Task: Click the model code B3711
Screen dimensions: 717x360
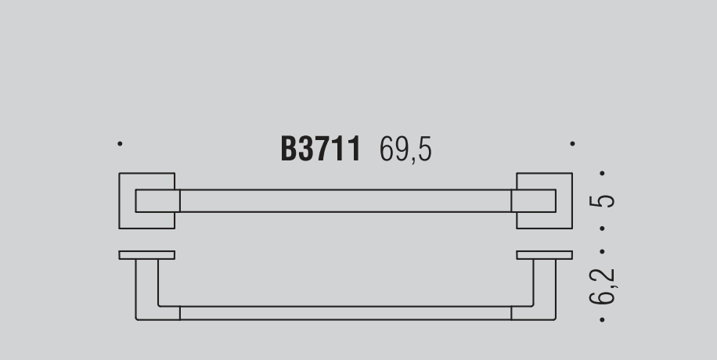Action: pos(321,148)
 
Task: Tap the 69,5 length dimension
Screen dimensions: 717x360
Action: pos(405,149)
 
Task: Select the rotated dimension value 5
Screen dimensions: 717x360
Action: pos(602,201)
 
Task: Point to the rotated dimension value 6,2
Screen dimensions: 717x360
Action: pos(603,286)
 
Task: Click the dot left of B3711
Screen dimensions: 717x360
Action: pos(120,144)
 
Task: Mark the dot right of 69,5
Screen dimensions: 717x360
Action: pos(572,144)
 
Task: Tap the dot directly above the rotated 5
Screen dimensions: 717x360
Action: pos(602,174)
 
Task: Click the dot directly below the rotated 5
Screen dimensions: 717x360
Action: pos(602,229)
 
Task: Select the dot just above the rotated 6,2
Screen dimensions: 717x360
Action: pos(602,251)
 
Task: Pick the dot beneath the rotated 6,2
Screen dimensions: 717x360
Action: pos(602,320)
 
